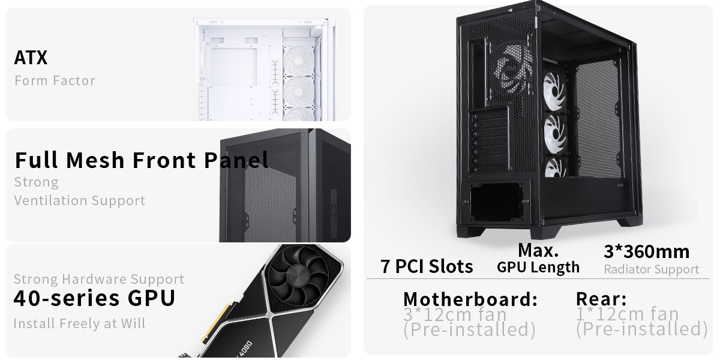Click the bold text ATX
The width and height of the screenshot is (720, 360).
click(31, 58)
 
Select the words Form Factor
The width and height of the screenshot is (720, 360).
click(55, 80)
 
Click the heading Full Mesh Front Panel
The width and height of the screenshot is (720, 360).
click(142, 160)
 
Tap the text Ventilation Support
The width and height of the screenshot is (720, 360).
click(80, 200)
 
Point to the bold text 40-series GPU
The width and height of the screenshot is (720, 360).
click(94, 298)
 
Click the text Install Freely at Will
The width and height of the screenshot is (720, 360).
click(80, 323)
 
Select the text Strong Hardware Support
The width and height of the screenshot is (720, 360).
click(99, 279)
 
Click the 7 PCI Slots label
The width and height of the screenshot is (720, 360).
click(427, 266)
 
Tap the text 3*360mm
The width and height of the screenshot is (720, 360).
click(646, 251)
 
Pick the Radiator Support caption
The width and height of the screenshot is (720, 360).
click(651, 269)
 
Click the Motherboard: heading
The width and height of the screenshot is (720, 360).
click(470, 298)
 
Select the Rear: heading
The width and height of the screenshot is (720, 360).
click(601, 298)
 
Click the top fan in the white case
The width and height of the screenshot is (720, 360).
click(298, 58)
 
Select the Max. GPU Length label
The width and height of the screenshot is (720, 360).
click(538, 259)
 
